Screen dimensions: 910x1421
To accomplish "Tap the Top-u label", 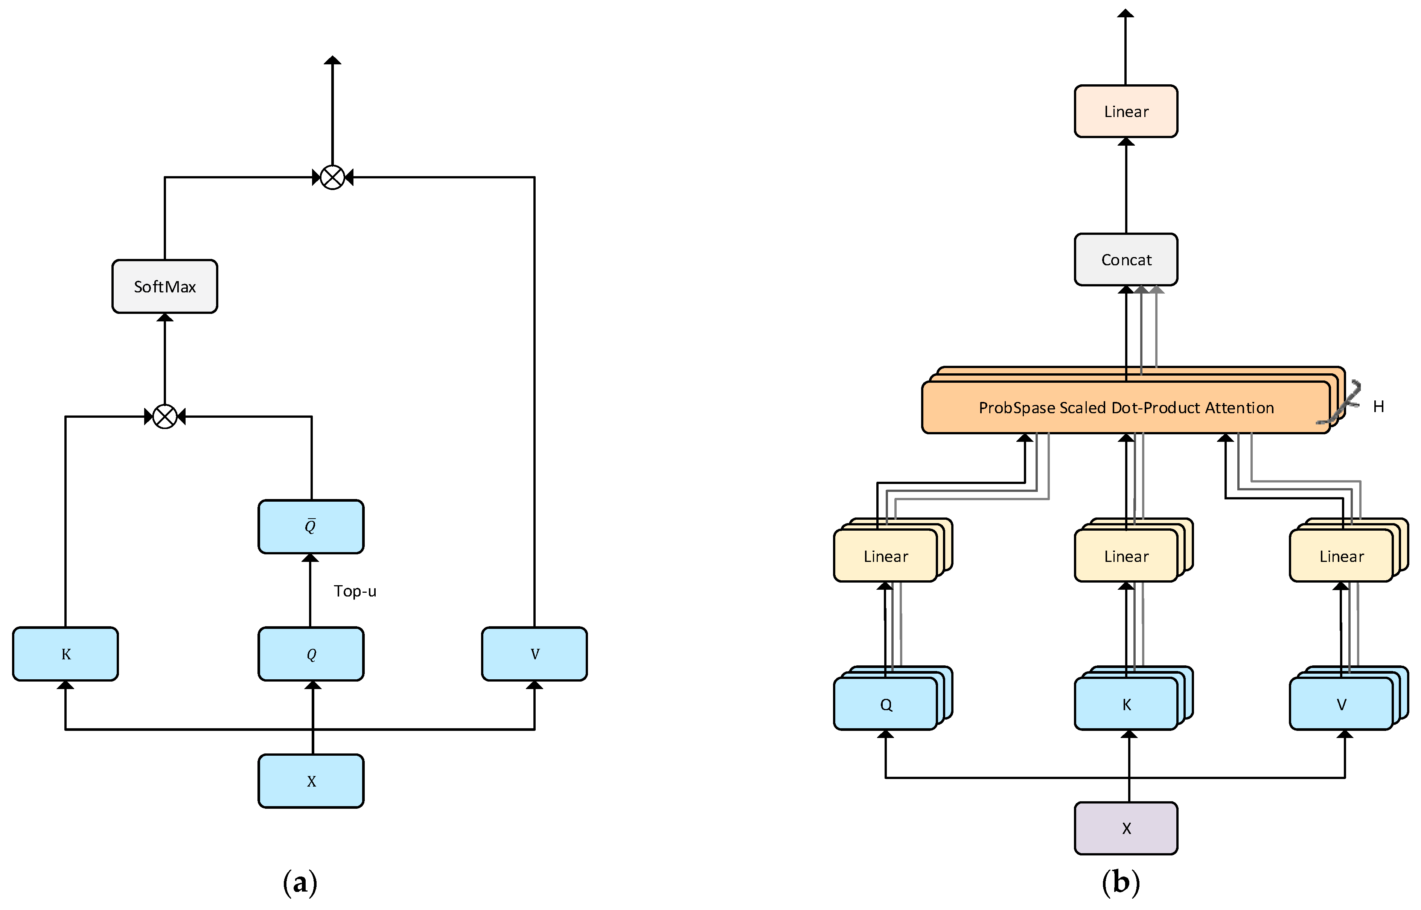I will tap(355, 591).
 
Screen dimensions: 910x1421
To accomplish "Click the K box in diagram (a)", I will tap(65, 654).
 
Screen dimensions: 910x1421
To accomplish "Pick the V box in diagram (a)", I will tap(534, 654).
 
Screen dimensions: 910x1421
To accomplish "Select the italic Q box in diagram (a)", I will tap(311, 654).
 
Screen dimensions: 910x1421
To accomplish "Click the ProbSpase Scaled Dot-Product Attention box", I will tap(1126, 408).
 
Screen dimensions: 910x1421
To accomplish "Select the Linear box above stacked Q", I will tap(885, 556).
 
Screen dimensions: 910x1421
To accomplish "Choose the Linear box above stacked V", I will tap(1341, 556).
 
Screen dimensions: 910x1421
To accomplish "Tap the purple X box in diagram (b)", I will tap(1126, 828).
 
